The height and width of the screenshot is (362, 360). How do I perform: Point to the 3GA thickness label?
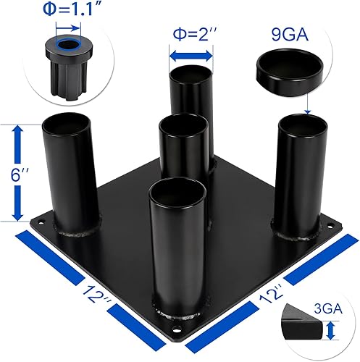pyautogui.click(x=334, y=307)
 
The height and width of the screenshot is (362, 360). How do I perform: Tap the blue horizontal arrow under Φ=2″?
pyautogui.click(x=191, y=55)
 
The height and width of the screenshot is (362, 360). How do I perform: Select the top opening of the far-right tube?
pyautogui.click(x=303, y=122)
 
